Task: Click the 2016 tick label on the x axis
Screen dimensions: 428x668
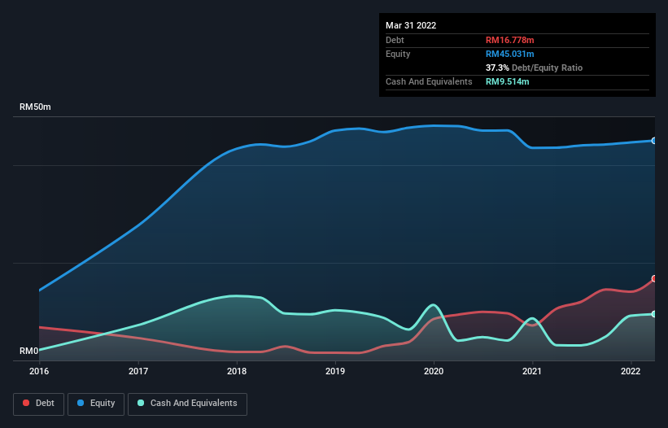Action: click(x=39, y=371)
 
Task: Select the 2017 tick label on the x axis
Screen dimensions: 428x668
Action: click(x=138, y=371)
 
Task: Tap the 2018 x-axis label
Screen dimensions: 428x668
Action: click(x=237, y=371)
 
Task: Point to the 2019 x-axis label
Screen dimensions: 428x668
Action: click(x=335, y=371)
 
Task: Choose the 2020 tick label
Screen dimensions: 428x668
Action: click(x=434, y=371)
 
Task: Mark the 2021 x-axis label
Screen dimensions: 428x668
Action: click(x=533, y=371)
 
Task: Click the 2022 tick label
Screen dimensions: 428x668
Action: click(x=631, y=371)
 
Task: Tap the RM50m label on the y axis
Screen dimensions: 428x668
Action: click(x=36, y=107)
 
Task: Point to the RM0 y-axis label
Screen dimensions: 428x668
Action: click(x=29, y=352)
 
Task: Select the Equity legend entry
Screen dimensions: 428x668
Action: click(x=95, y=403)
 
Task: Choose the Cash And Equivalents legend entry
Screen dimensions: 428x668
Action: click(x=187, y=403)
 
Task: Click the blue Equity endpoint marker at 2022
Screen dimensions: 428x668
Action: click(x=653, y=141)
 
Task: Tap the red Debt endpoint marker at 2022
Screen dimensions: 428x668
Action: click(x=653, y=278)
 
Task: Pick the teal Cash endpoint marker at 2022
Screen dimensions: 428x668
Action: click(x=653, y=314)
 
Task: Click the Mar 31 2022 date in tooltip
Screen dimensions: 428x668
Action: click(x=411, y=25)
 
